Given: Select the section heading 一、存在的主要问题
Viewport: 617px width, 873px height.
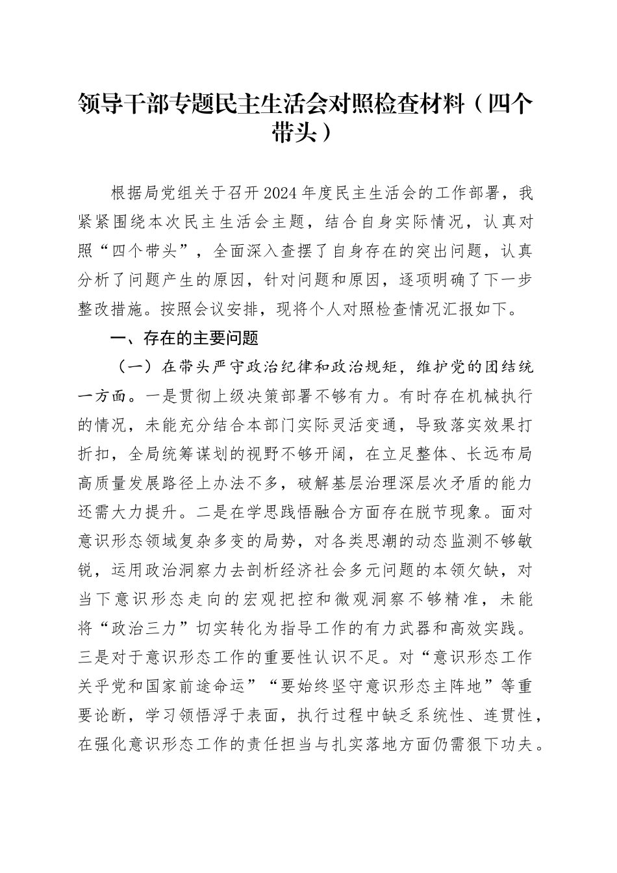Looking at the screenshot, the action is [x=185, y=338].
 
